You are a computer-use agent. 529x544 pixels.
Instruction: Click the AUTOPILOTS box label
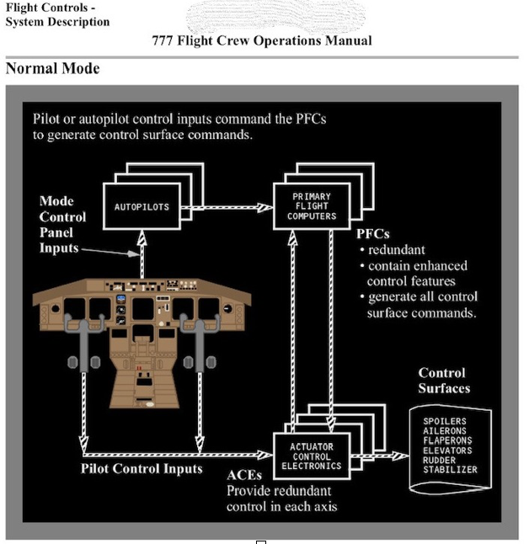click(142, 206)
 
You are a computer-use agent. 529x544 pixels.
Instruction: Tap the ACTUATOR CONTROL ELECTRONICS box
click(312, 456)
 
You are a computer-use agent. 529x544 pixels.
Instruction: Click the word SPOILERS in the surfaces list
click(445, 421)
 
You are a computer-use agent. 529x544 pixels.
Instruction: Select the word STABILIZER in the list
click(450, 470)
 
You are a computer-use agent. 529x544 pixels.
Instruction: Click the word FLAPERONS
click(447, 440)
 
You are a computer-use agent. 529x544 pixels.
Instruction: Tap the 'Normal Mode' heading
click(52, 69)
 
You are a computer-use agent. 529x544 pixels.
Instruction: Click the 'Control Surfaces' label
click(444, 381)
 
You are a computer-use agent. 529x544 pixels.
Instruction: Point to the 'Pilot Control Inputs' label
click(142, 468)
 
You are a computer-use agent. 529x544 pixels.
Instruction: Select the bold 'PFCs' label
click(374, 233)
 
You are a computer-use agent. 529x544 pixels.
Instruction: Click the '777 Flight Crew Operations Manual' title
click(262, 40)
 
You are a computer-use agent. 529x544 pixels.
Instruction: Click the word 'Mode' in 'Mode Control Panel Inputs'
click(56, 200)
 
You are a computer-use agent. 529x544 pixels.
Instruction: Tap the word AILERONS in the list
click(445, 430)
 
